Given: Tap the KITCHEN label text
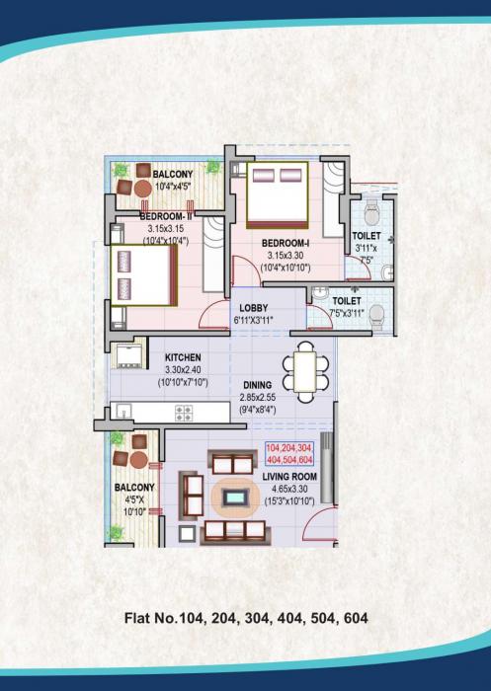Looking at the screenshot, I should coord(183,356).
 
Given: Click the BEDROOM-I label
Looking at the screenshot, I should coord(286,242).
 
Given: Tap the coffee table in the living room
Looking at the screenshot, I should coord(234,498).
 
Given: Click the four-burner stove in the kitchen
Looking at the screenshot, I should coord(183,413).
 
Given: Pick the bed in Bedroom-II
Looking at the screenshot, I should coord(143,275).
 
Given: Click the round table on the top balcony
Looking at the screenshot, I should coord(124,188).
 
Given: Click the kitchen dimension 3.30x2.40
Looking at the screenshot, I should coord(183,369).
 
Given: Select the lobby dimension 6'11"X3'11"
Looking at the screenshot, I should coord(254,321).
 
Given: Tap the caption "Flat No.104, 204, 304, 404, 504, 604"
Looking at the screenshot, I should coord(246,619).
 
